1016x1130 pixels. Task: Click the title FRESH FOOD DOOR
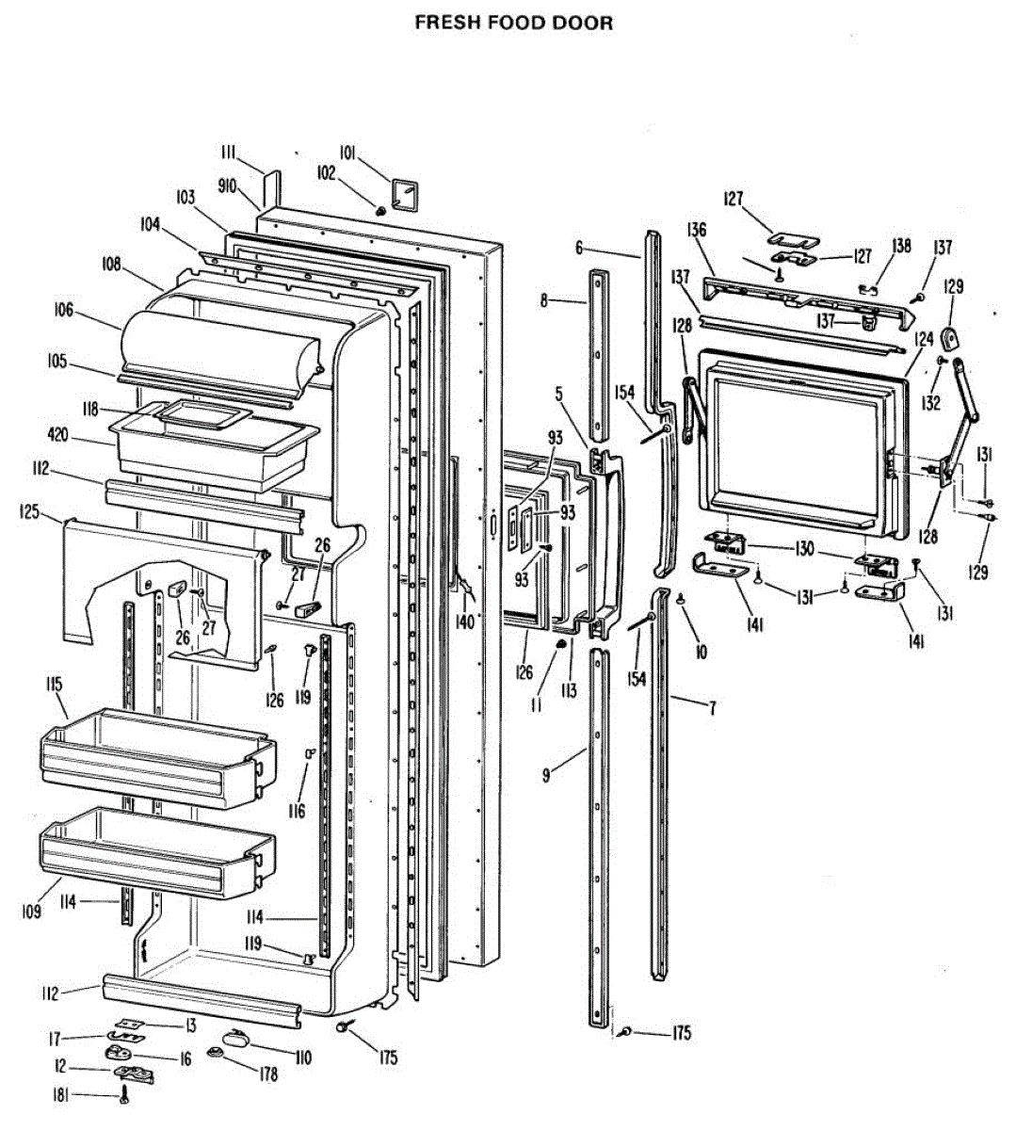tap(513, 23)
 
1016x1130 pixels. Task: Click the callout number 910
tap(227, 186)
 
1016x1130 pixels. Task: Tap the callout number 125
tap(30, 512)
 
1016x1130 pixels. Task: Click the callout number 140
tap(465, 622)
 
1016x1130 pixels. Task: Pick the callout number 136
tap(697, 230)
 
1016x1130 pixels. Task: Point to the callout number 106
tap(64, 311)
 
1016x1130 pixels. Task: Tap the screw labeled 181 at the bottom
tap(123, 1096)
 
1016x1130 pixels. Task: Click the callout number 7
tap(713, 708)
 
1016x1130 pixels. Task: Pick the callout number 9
tap(546, 776)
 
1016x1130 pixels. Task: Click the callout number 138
tap(902, 246)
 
